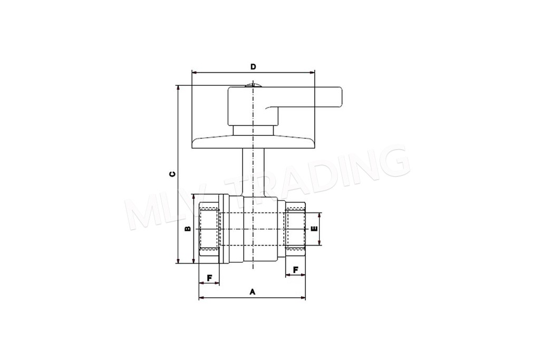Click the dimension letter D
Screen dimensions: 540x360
click(x=253, y=66)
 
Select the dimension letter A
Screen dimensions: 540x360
click(x=253, y=292)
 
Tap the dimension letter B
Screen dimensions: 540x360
click(x=188, y=229)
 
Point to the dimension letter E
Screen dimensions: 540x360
click(x=314, y=229)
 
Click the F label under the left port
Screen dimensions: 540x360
click(x=209, y=277)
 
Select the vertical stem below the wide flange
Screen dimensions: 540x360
click(x=253, y=172)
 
